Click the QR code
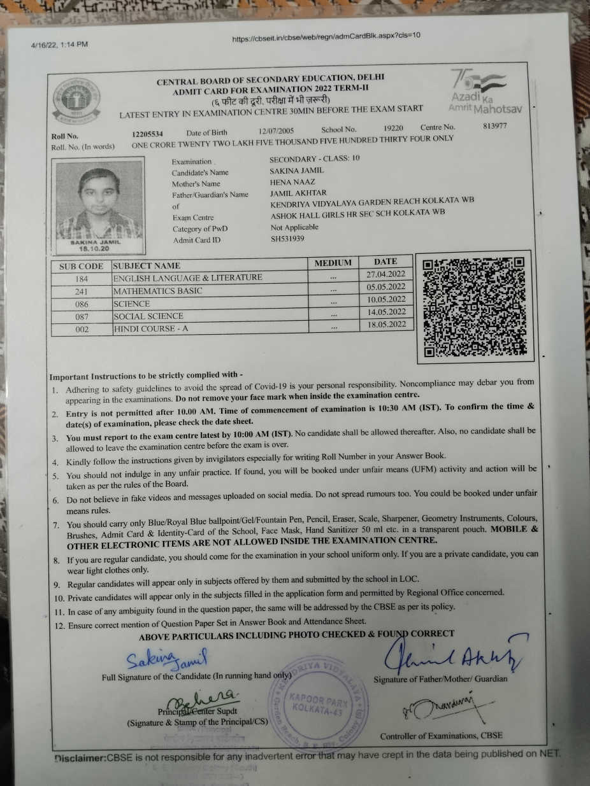pyautogui.click(x=475, y=306)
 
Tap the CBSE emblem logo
pyautogui.click(x=76, y=101)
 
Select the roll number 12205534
pyautogui.click(x=147, y=134)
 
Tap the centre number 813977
pyautogui.click(x=495, y=126)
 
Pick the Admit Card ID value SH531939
pyautogui.click(x=287, y=239)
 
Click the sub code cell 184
pyautogui.click(x=81, y=278)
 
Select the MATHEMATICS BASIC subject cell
pyautogui.click(x=158, y=291)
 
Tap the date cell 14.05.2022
pyautogui.click(x=386, y=312)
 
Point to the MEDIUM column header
pyautogui.click(x=333, y=263)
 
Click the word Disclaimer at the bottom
pyautogui.click(x=80, y=758)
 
